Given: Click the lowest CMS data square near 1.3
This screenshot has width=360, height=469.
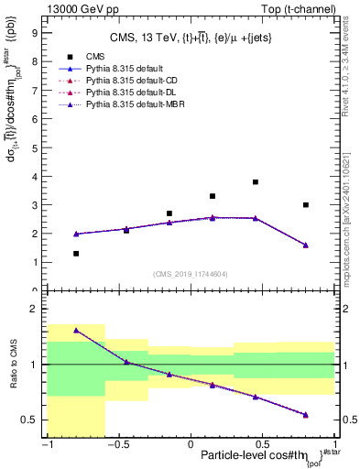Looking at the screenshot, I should [x=76, y=254].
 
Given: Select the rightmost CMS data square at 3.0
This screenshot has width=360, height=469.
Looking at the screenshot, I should [x=306, y=204].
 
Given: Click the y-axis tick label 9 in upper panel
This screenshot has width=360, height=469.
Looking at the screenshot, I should [x=36, y=32].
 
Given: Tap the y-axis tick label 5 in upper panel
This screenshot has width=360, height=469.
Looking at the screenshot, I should [x=36, y=147].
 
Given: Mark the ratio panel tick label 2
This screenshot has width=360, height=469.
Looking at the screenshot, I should [x=36, y=310].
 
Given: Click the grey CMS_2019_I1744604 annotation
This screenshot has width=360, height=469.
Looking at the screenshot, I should [x=191, y=274].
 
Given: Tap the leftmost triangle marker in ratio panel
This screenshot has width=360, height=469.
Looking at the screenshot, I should [x=76, y=330].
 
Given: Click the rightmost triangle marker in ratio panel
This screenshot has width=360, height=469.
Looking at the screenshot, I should [x=306, y=414].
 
